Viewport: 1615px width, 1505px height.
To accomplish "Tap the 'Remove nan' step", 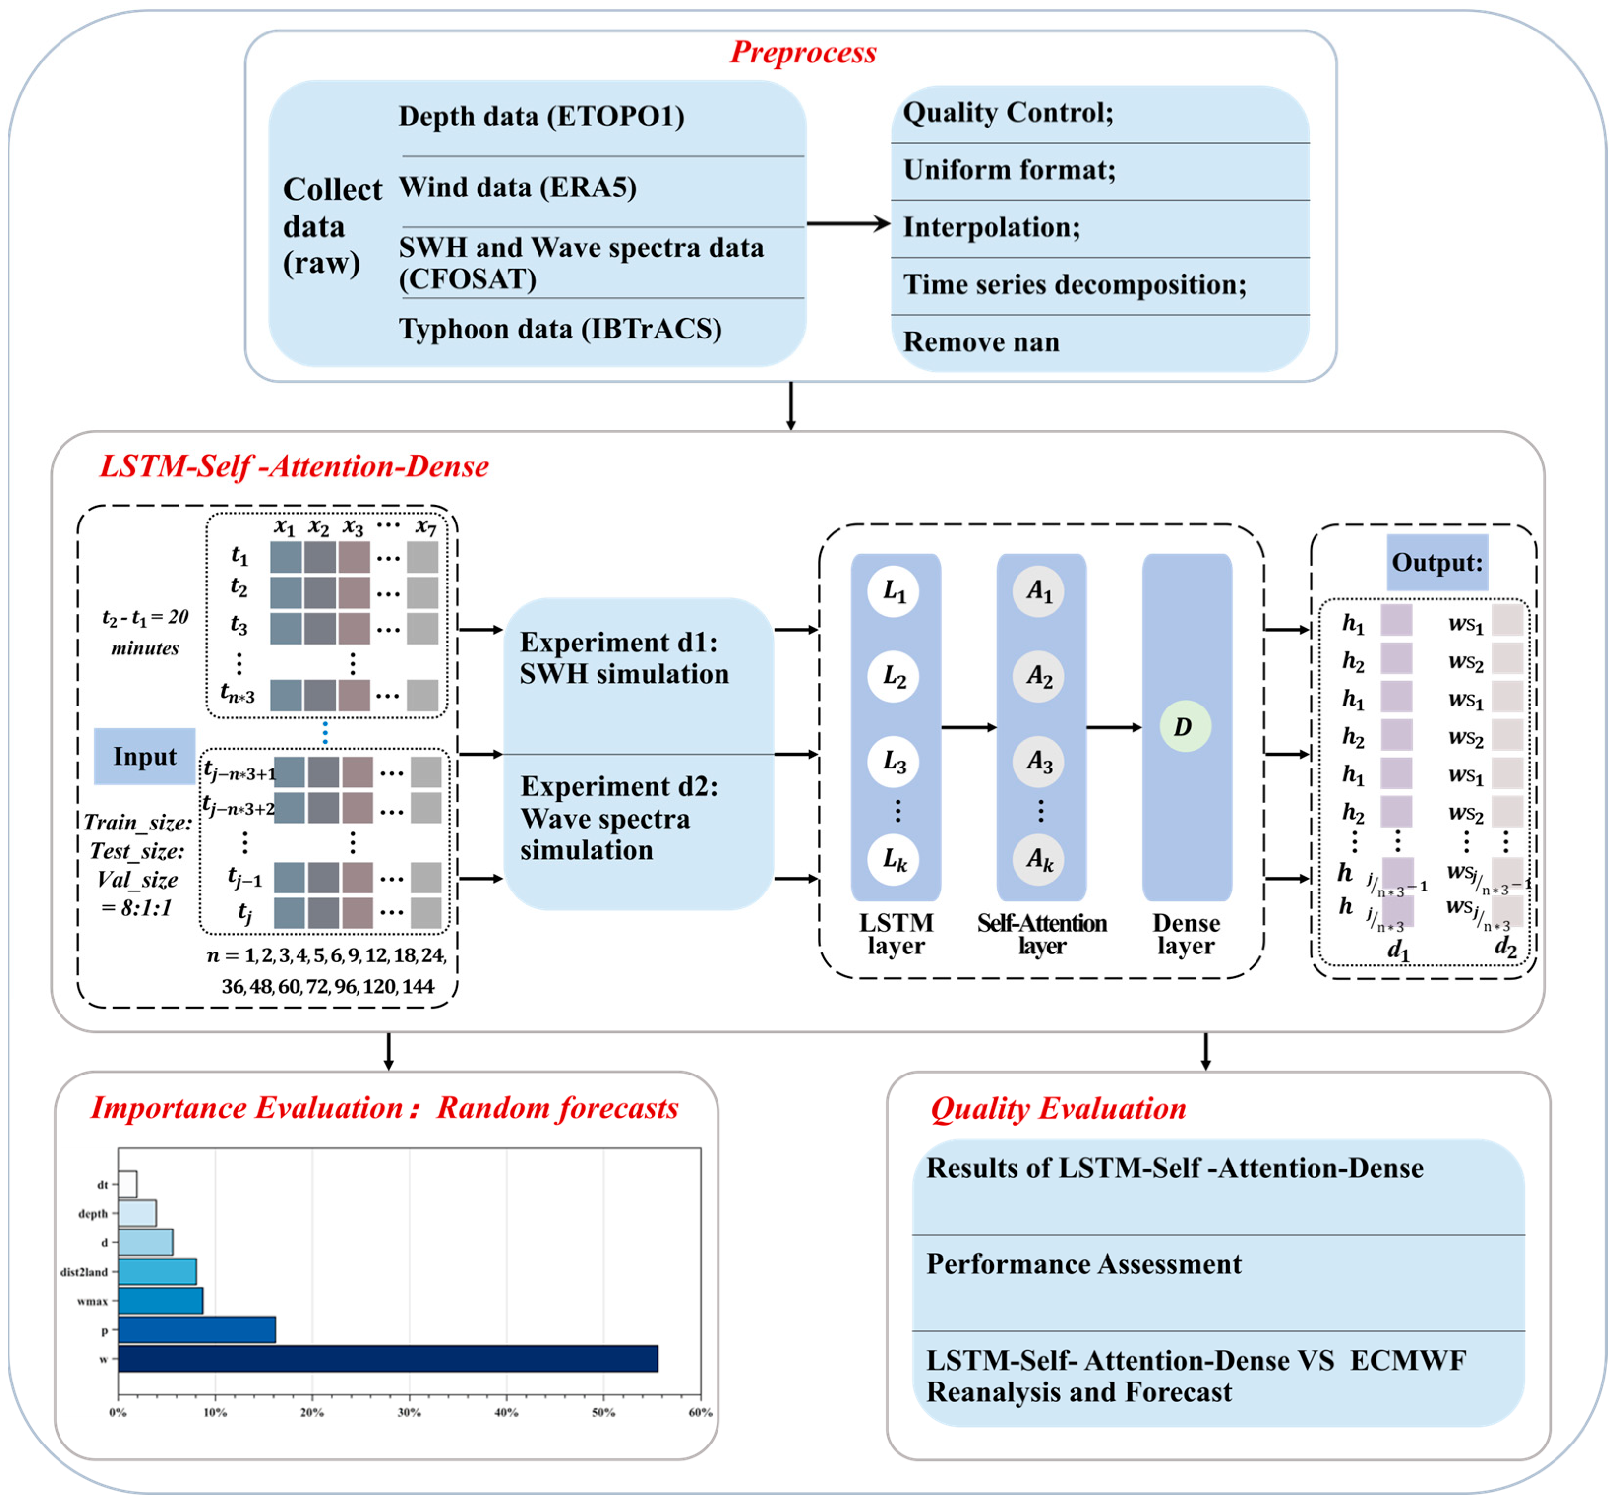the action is coord(982,342).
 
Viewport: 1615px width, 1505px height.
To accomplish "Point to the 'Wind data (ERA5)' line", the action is coord(517,188).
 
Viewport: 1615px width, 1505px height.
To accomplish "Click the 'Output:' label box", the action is coord(1437,562).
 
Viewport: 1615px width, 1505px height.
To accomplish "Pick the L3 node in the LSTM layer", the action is coord(895,762).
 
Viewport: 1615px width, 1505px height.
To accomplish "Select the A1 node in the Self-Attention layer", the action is coord(1039,591).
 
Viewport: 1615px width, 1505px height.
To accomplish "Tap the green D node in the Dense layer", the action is coord(1185,727).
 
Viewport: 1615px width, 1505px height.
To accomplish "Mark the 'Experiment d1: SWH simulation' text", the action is coord(624,658).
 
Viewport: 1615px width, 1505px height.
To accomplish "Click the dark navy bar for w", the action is coord(388,1359).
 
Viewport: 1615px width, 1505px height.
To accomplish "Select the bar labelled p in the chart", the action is coord(197,1329).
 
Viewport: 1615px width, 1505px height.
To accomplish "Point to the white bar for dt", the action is coord(127,1184).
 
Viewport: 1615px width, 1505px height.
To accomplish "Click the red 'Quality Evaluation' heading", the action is coord(1058,1108).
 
